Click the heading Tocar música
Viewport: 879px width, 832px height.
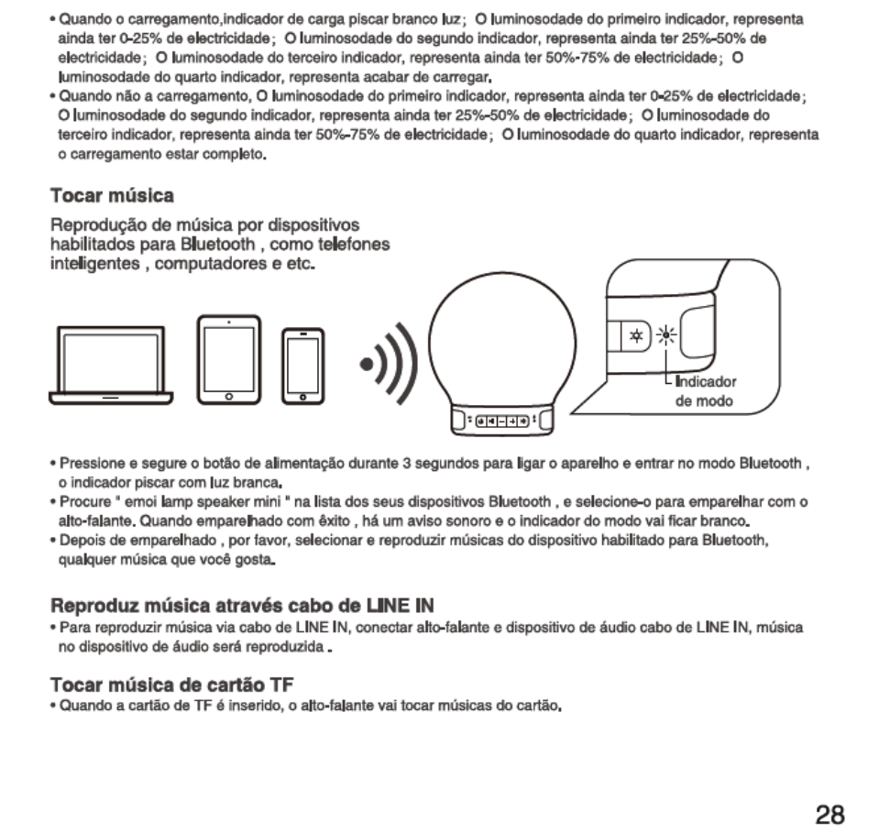112,196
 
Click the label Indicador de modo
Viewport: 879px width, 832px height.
705,392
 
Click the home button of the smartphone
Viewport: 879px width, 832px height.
302,395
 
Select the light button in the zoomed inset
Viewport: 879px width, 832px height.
633,337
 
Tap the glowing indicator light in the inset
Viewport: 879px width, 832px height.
667,336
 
